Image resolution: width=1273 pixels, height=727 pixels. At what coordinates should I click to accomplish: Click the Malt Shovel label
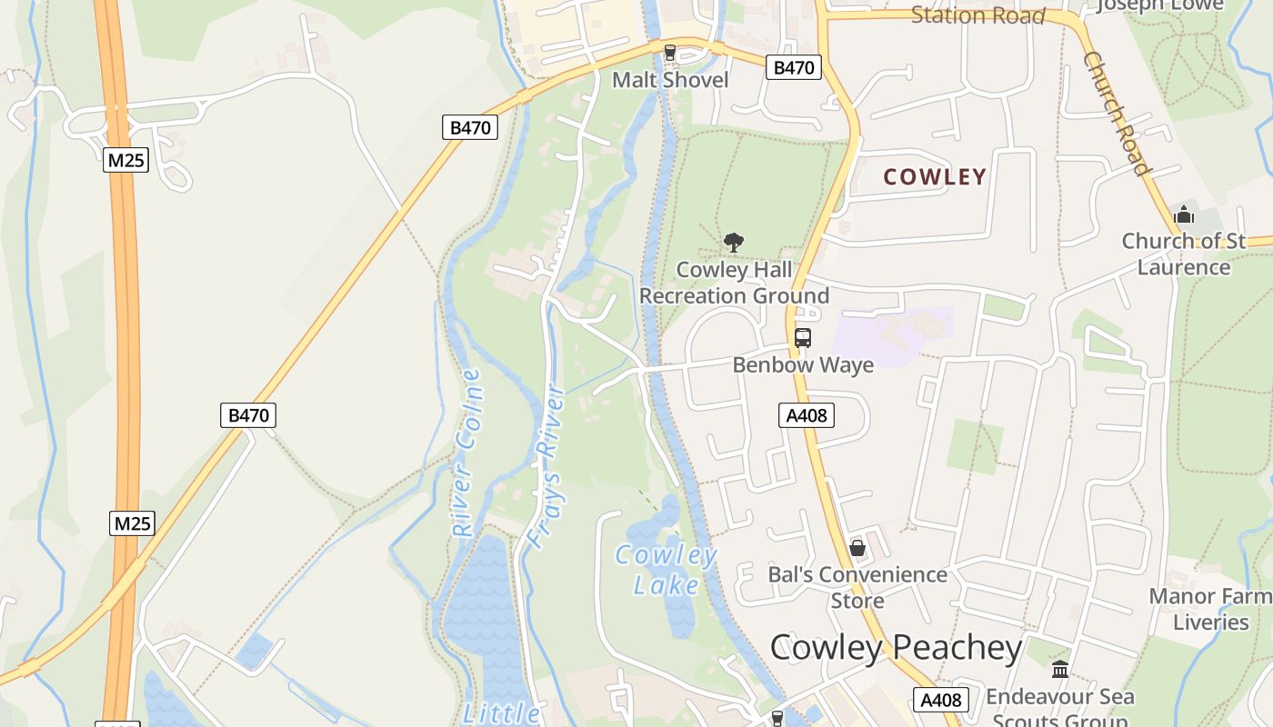pos(670,80)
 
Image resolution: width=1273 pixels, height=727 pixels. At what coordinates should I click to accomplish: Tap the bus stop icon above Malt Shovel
pos(670,53)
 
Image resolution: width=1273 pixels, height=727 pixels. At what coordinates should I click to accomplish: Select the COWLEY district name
pos(935,177)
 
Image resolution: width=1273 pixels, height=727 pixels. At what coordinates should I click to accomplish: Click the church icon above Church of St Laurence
pos(1184,215)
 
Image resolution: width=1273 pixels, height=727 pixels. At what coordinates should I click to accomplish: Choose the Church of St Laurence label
pos(1184,254)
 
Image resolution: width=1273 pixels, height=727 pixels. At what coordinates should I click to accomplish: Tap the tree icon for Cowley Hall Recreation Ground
pos(734,243)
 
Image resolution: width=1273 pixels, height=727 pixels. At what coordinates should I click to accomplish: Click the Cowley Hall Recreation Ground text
pos(735,283)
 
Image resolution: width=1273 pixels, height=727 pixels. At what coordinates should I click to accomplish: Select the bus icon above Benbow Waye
pos(802,338)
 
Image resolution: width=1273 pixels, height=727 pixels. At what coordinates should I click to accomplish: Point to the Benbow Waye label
pos(803,365)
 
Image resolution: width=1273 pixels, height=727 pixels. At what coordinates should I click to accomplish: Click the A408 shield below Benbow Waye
pos(807,415)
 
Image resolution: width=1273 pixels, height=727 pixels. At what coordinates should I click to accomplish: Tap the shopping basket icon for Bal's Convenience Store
pos(857,548)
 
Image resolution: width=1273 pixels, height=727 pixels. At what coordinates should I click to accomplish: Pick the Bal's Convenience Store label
pos(857,587)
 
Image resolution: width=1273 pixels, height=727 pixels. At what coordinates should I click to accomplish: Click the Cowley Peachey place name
pos(896,648)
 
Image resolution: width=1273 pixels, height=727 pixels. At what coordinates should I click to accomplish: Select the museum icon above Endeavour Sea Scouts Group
pos(1060,670)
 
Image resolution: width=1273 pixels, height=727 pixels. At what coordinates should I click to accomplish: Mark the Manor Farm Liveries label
pos(1210,609)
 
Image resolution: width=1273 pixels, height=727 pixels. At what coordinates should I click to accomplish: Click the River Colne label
pos(466,452)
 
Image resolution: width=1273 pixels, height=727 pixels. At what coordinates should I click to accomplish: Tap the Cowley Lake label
pos(666,570)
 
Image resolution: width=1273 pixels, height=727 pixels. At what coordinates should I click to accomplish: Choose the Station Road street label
pos(977,15)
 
